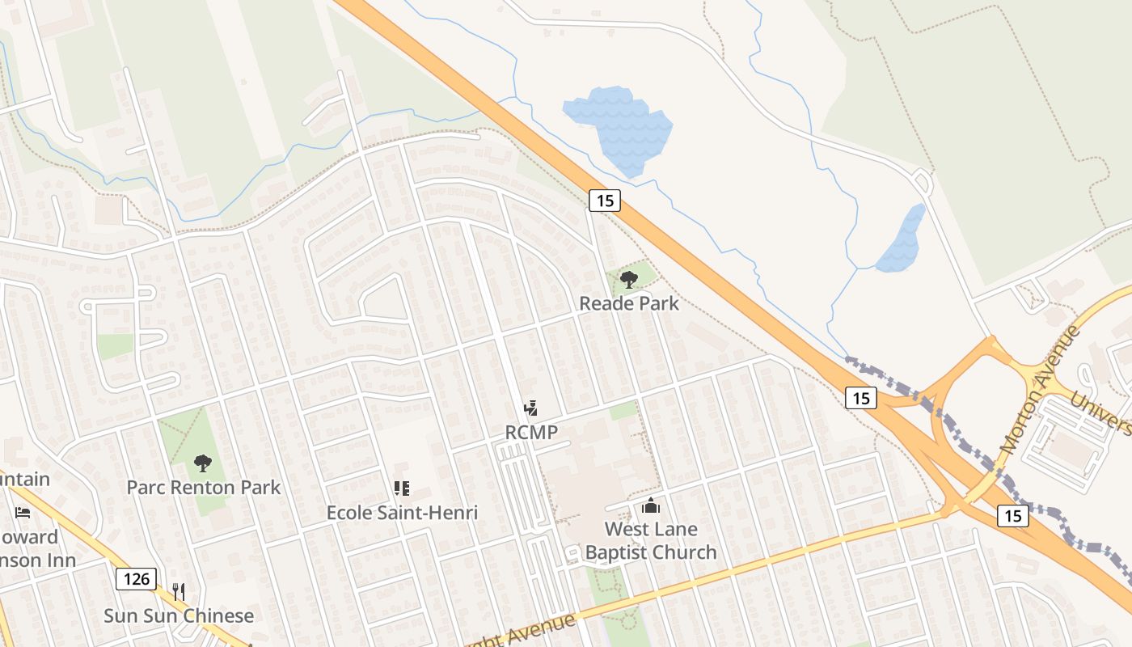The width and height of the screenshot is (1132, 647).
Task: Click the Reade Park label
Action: coord(629,303)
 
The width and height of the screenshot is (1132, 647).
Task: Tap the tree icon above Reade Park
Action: coord(628,280)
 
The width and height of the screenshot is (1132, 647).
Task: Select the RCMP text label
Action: coord(531,432)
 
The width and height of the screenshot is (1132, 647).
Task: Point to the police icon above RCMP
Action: coord(531,408)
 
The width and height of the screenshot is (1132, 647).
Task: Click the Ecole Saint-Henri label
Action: coord(402,512)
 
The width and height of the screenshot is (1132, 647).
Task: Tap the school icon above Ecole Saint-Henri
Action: coord(402,488)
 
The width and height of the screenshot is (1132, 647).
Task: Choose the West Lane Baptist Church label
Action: coord(651,540)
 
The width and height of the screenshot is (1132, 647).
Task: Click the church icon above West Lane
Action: coord(650,506)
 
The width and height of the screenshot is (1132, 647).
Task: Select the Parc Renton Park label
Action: coord(204,487)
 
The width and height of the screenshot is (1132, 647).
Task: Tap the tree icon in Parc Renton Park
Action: coord(203,463)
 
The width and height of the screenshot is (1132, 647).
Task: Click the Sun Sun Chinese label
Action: coord(179,615)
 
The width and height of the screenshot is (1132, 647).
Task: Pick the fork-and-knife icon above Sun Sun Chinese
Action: coord(179,591)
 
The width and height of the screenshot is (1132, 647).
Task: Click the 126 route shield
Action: coord(136,579)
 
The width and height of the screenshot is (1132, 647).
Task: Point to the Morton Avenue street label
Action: coord(1040,388)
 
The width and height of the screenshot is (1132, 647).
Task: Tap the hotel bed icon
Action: coord(23,513)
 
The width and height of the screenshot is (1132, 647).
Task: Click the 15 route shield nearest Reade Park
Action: coord(604,200)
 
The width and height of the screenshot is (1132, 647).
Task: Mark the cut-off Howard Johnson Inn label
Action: coord(36,548)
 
